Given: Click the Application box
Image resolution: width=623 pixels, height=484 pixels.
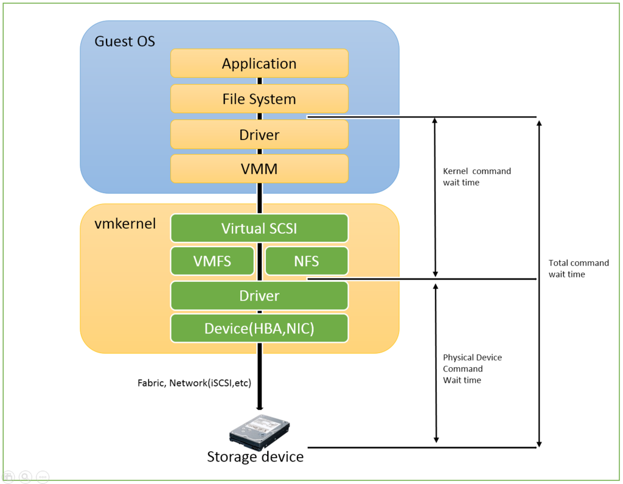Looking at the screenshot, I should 259,63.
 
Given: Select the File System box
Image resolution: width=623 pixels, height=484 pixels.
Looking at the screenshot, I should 259,99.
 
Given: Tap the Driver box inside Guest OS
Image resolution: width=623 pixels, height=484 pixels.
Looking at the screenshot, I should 259,135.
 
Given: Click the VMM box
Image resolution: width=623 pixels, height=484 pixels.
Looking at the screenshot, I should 259,169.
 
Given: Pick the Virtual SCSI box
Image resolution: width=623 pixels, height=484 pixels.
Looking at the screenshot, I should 259,228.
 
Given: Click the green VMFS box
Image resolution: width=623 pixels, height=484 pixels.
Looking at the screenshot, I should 212,261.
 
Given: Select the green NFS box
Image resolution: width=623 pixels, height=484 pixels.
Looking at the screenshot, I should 307,261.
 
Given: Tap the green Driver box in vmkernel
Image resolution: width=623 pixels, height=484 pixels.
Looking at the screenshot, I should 259,296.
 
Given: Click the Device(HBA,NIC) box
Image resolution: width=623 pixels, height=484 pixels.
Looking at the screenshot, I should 259,328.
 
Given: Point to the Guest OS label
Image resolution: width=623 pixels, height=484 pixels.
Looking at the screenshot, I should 125,41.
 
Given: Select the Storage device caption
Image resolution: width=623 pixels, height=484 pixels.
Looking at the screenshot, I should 255,457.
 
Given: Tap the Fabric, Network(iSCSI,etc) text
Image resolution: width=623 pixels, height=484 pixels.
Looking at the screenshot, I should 194,383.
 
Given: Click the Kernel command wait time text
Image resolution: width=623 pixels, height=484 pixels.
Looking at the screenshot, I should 476,177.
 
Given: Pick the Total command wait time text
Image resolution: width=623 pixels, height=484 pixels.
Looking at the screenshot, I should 578,268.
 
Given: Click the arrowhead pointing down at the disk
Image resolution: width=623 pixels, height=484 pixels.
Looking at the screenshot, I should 260,408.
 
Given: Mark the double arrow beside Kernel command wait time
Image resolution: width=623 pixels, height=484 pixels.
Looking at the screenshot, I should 435,197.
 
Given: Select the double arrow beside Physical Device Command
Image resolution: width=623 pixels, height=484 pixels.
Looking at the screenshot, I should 435,362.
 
